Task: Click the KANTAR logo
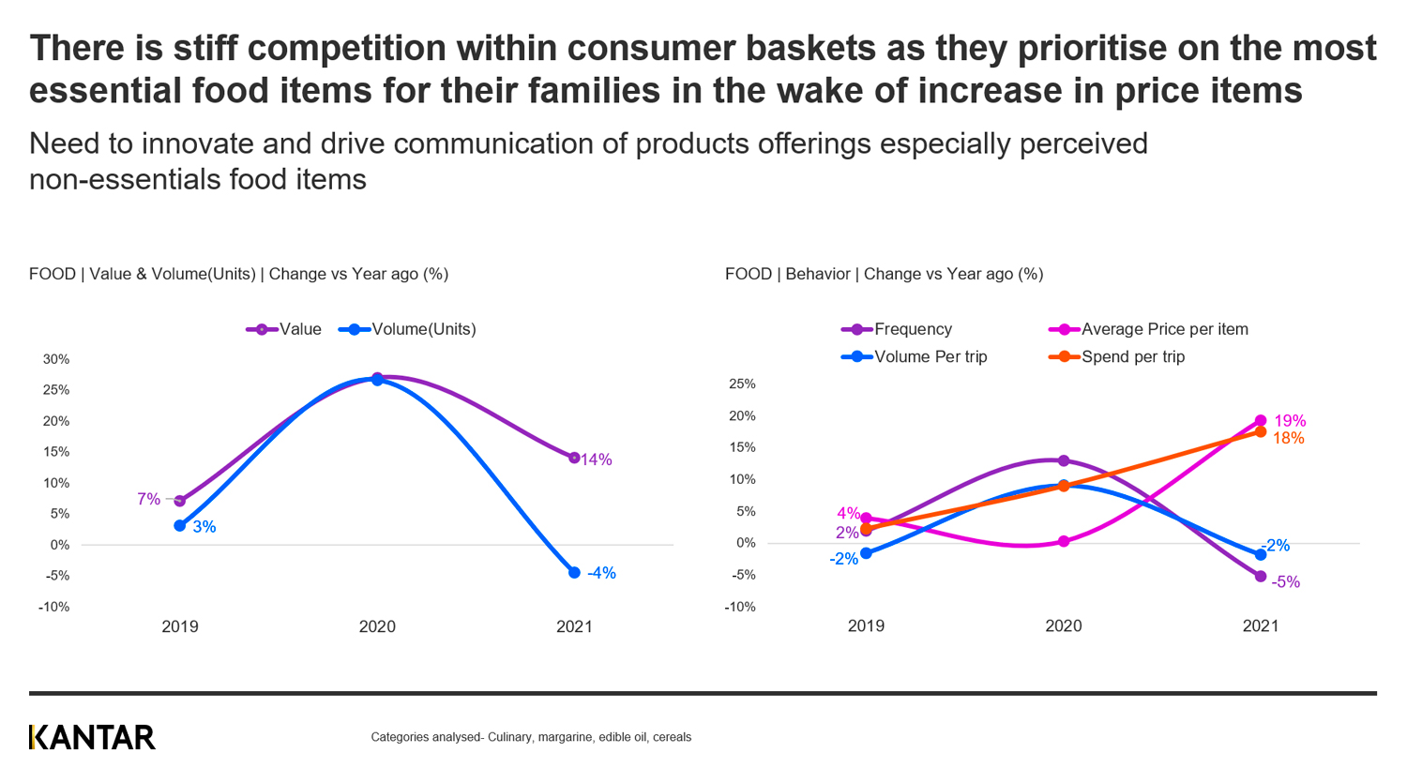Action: (92, 738)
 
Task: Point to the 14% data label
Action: (597, 459)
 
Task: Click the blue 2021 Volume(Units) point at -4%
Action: (574, 572)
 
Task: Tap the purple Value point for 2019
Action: (180, 501)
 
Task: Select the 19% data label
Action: (1290, 421)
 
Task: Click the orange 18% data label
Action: (1288, 438)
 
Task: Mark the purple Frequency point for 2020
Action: (1064, 460)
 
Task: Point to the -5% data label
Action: (1285, 582)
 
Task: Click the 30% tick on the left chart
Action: (56, 359)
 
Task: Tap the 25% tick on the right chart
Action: (742, 384)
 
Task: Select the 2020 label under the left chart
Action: (377, 626)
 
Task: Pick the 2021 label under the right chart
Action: (1261, 626)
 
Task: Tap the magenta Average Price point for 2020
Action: (1064, 541)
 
